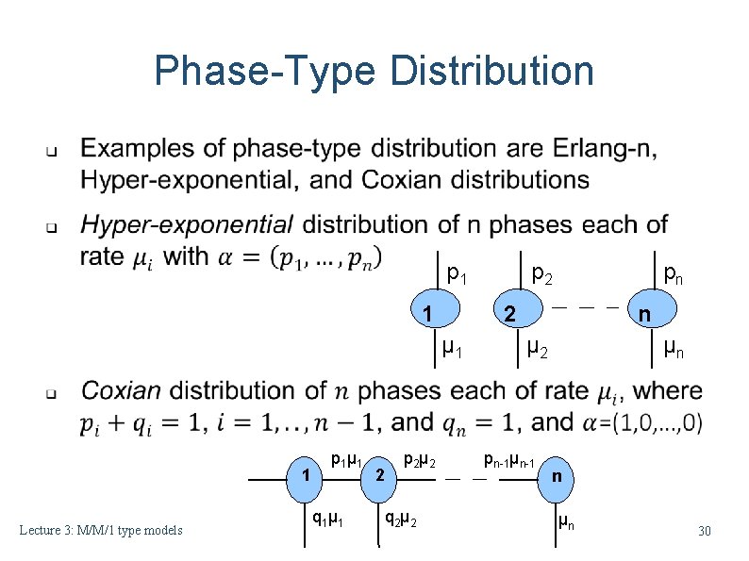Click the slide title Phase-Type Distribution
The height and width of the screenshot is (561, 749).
point(374,71)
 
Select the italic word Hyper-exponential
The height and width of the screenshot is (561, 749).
point(187,225)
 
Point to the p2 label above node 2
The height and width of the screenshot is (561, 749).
point(541,274)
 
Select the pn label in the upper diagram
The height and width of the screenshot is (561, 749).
point(674,274)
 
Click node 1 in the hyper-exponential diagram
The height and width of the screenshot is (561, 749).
point(427,313)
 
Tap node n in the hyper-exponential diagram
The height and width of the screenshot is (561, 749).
point(643,313)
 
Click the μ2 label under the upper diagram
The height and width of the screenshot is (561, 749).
point(537,350)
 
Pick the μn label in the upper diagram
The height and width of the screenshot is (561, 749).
point(674,350)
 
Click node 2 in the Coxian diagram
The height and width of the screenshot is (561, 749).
point(378,475)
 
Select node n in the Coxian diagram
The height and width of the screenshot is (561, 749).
point(557,476)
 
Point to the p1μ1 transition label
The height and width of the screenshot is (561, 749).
point(345,460)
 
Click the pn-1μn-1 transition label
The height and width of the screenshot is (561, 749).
point(509,461)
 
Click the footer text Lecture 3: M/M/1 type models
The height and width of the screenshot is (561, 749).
point(101,531)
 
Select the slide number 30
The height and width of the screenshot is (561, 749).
point(704,532)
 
